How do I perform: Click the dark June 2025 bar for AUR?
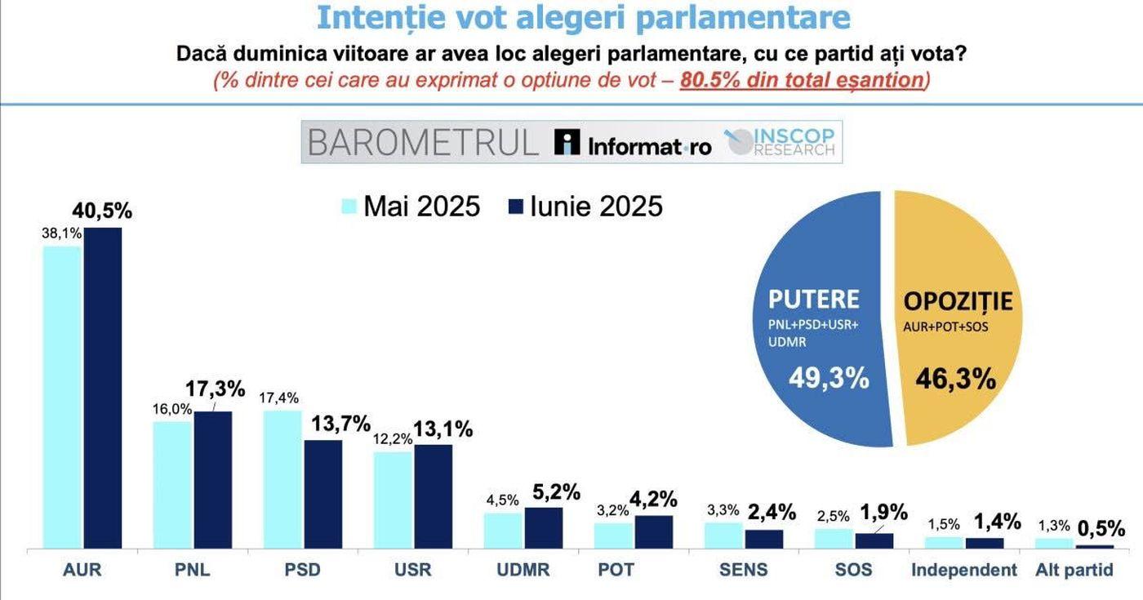point(102,388)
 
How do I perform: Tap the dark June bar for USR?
point(433,496)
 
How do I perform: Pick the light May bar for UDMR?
point(503,531)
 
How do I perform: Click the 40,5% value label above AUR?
point(102,211)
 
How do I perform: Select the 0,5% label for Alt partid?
point(1101,528)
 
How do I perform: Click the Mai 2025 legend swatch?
point(349,207)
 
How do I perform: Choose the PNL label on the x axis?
point(193,570)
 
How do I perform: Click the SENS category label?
point(743,570)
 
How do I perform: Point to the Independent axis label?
point(964,570)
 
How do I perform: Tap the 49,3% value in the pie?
point(829,378)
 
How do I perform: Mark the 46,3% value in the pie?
point(955,379)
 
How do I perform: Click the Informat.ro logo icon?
point(567,142)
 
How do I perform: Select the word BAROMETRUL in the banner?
point(423,142)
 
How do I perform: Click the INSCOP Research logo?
point(781,142)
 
